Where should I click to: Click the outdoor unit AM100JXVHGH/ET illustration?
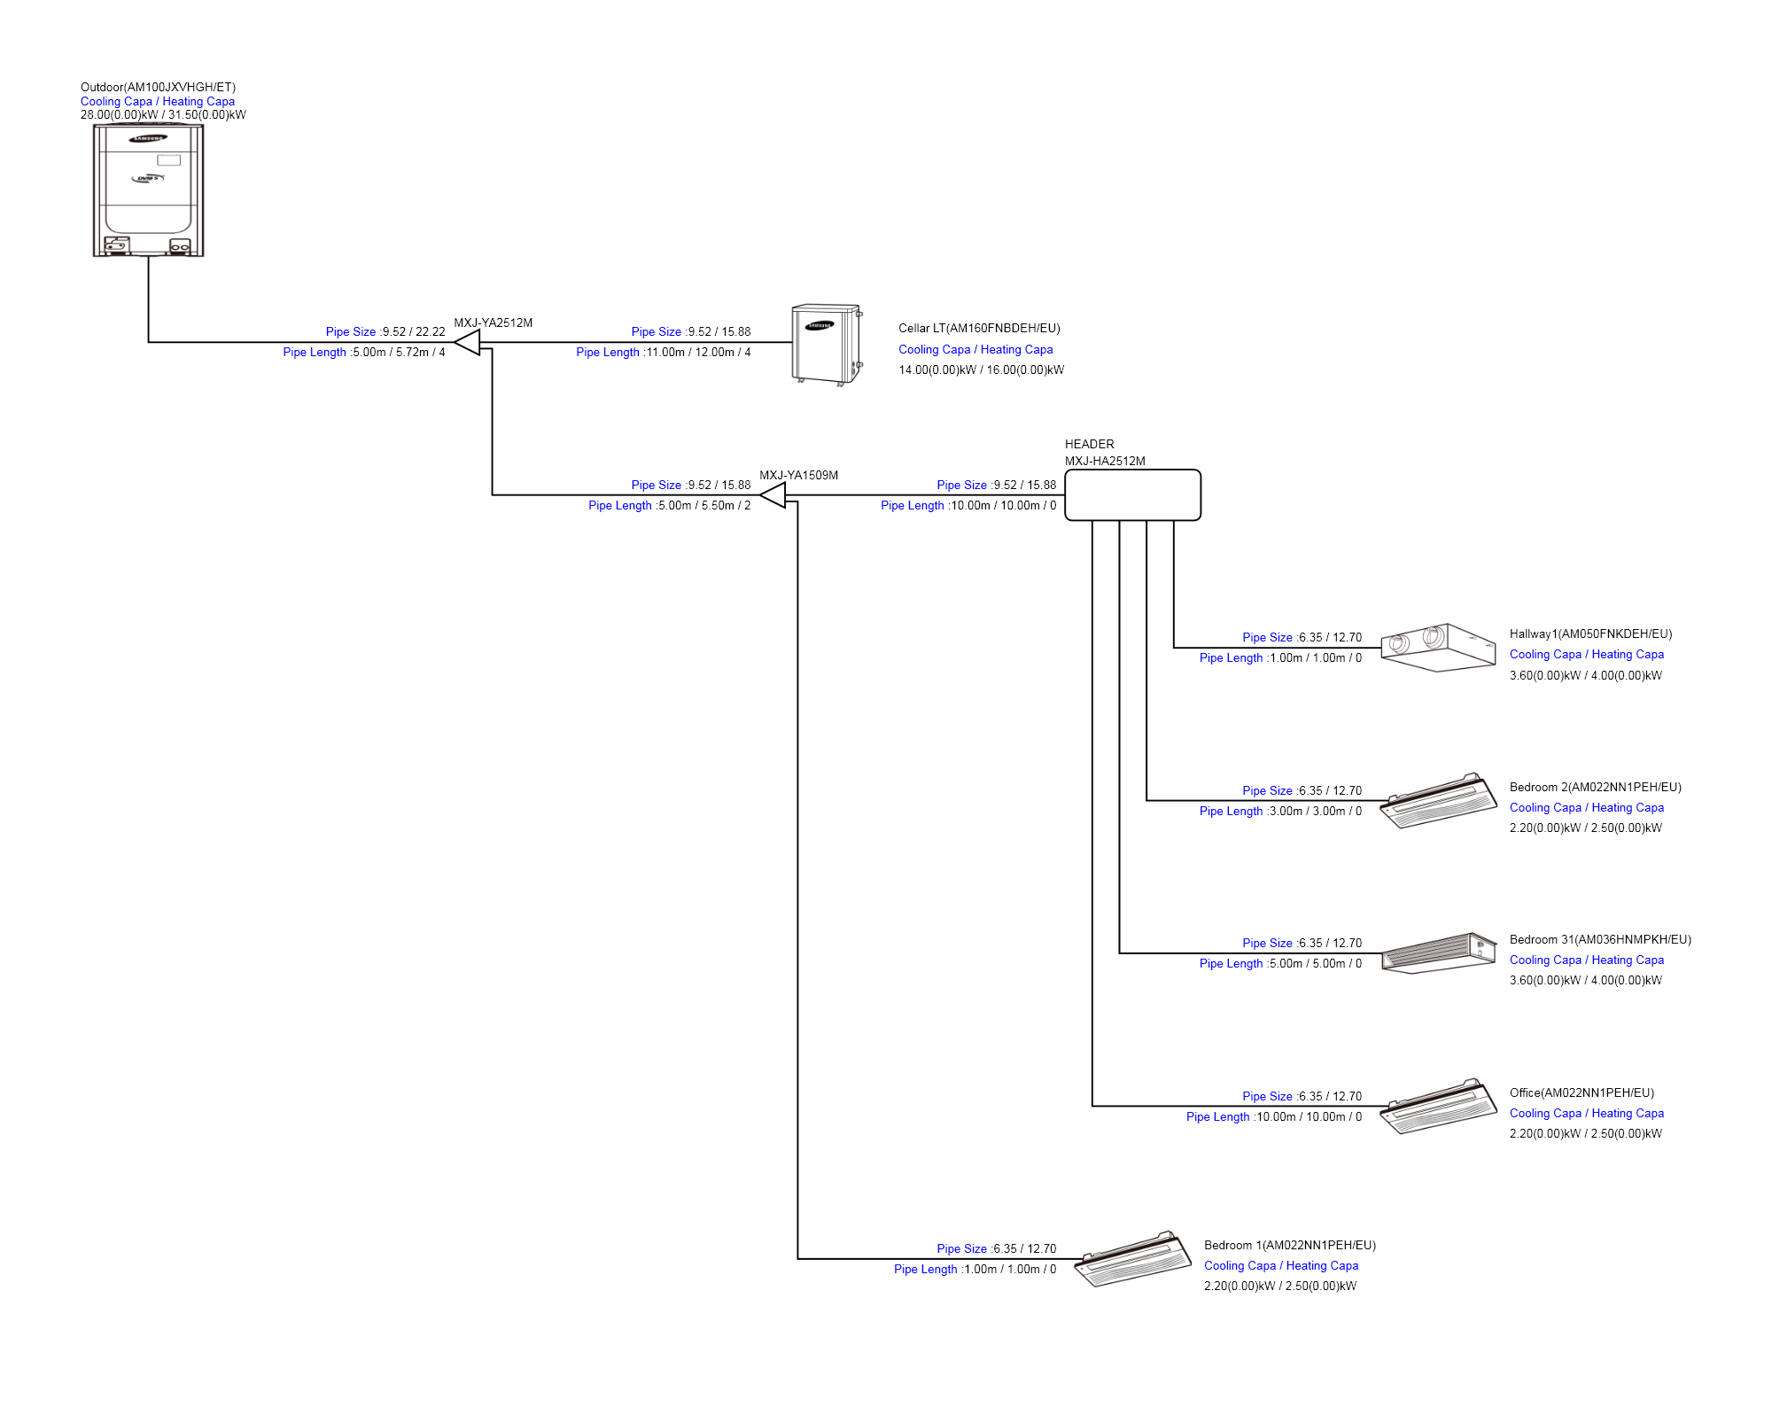click(x=148, y=190)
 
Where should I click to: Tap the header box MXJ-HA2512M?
click(x=1132, y=495)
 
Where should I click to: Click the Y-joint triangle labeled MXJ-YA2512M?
click(x=469, y=342)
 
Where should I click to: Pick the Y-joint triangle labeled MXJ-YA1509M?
click(x=774, y=495)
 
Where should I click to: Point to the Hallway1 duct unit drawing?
click(x=1437, y=648)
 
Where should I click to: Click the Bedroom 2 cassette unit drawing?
click(x=1437, y=801)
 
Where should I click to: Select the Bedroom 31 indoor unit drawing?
click(x=1437, y=953)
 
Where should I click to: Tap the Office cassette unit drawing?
click(x=1437, y=1107)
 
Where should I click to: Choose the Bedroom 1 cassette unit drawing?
click(x=1131, y=1259)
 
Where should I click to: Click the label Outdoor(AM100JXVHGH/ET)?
click(x=158, y=87)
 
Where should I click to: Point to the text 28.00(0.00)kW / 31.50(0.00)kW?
click(x=163, y=114)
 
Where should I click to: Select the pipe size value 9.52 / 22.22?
click(x=413, y=332)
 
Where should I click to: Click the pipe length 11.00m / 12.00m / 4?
click(x=698, y=353)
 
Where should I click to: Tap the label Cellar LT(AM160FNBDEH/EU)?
click(x=979, y=329)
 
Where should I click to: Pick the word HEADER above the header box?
click(x=1089, y=444)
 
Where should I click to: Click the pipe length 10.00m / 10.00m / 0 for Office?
click(x=1309, y=1117)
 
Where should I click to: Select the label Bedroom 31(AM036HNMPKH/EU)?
click(x=1600, y=940)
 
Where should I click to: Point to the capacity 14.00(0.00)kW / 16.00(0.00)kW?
click(x=981, y=370)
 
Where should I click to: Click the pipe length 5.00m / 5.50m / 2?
click(x=704, y=506)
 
